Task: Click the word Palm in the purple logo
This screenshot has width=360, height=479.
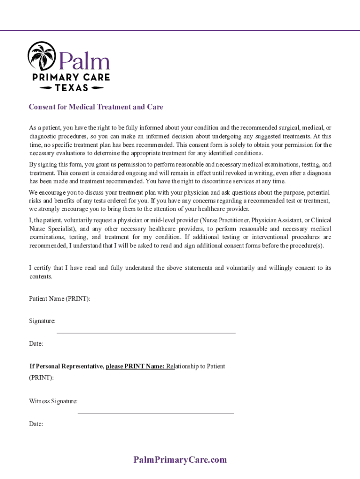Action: tap(84, 61)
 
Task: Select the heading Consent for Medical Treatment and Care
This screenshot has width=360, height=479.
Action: tap(96, 107)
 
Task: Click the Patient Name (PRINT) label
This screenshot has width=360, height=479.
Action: tap(60, 298)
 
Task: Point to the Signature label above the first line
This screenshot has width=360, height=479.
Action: tap(42, 321)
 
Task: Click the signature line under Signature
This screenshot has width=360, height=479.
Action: tap(146, 333)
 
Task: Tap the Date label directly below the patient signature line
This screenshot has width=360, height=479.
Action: tap(36, 344)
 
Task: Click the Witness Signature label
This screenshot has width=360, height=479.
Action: tap(53, 401)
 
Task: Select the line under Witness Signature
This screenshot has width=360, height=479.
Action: tap(155, 414)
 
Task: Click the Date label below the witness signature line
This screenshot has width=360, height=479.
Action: tap(36, 424)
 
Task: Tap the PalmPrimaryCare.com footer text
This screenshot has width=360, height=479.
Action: tap(180, 460)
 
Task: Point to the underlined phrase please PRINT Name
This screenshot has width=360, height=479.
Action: tap(135, 366)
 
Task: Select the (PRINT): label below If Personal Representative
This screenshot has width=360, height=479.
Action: tap(41, 377)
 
